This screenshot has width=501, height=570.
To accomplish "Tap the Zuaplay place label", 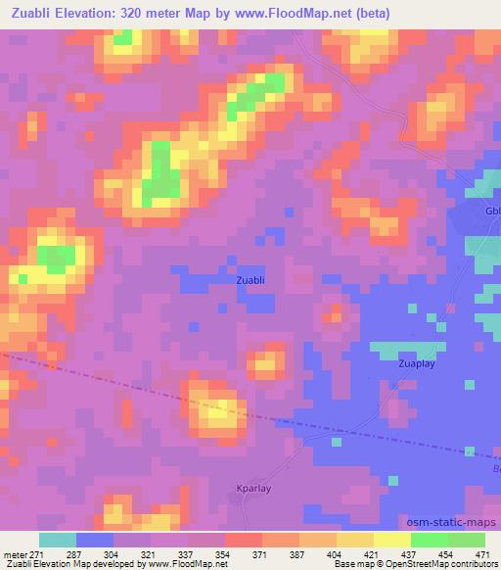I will click(417, 363).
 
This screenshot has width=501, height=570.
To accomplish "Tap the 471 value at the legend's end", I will click(481, 554).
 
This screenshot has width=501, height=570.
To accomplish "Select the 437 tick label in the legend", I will click(412, 554).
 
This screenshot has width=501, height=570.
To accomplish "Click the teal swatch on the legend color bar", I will click(58, 540).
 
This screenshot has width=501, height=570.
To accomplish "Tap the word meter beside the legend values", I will click(14, 554).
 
